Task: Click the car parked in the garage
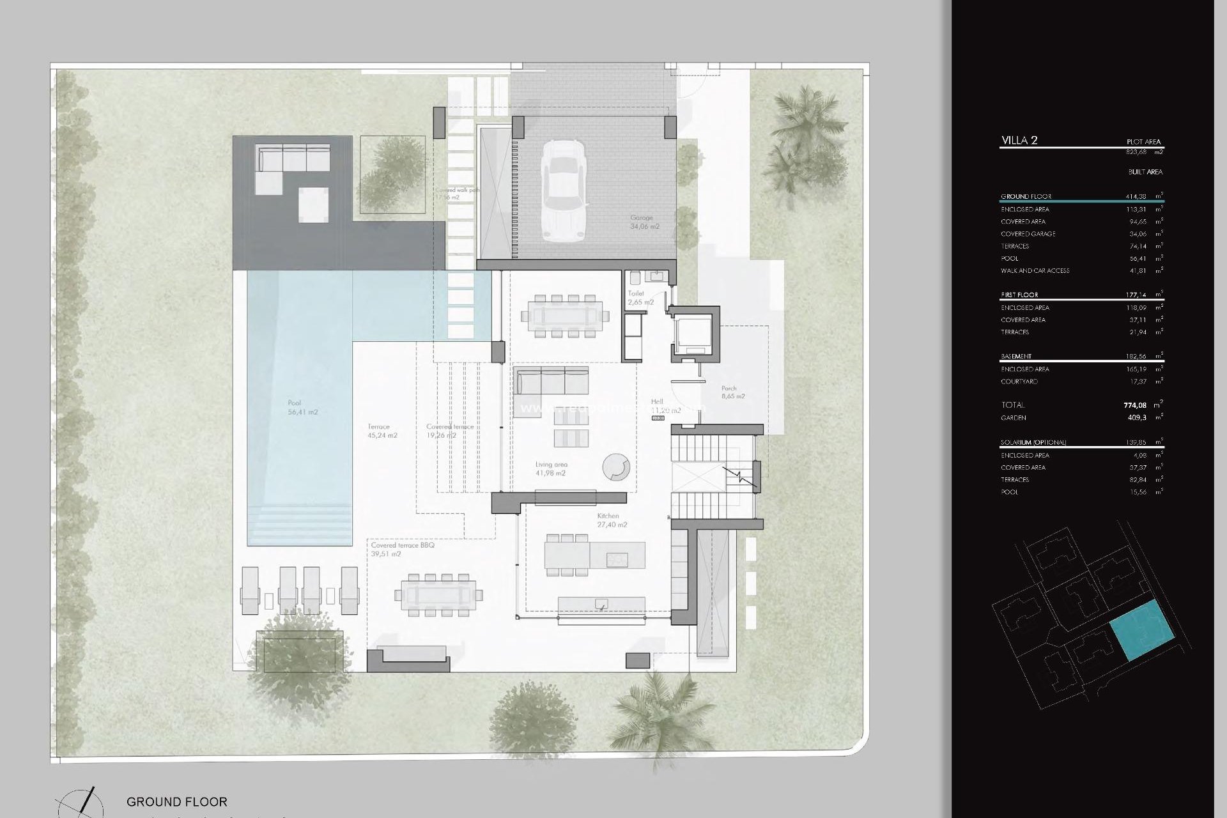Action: coord(564,190)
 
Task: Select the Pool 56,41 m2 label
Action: coord(302,408)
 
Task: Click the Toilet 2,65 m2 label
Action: coord(640,298)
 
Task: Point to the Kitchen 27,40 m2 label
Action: coord(612,520)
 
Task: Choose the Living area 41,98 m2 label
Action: coord(551,469)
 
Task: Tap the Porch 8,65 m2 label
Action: coord(732,392)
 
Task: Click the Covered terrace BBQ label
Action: coord(403,550)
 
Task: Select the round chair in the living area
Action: coord(616,467)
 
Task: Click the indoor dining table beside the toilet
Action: coord(565,316)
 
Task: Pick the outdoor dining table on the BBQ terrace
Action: coord(438,595)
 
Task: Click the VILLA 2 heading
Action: coord(1019,141)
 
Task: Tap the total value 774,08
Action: coord(1134,405)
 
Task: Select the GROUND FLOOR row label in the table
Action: coord(1026,196)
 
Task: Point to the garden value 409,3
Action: coord(1137,418)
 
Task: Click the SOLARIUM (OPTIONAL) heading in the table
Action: coord(1033,442)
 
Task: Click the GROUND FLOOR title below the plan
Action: coord(176,801)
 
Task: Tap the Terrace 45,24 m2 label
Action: coord(382,431)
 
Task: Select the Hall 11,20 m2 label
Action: coord(665,406)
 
